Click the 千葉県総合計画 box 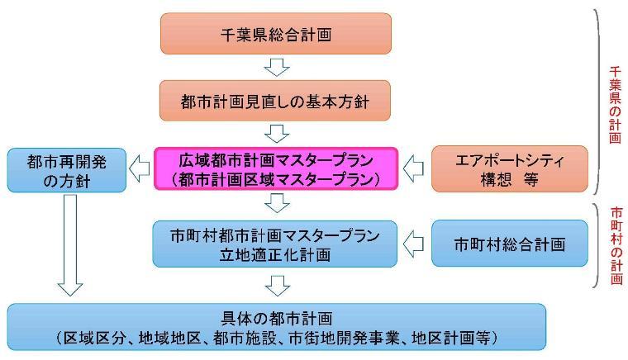coord(276,34)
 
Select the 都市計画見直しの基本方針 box coord(276,102)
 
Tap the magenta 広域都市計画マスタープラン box coord(276,168)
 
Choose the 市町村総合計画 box coord(510,244)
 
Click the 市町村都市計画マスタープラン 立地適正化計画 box coord(276,244)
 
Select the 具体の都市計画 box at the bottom coord(276,327)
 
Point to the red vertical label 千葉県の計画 coord(615,99)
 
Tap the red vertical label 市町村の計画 coord(615,245)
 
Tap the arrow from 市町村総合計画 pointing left coord(416,244)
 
